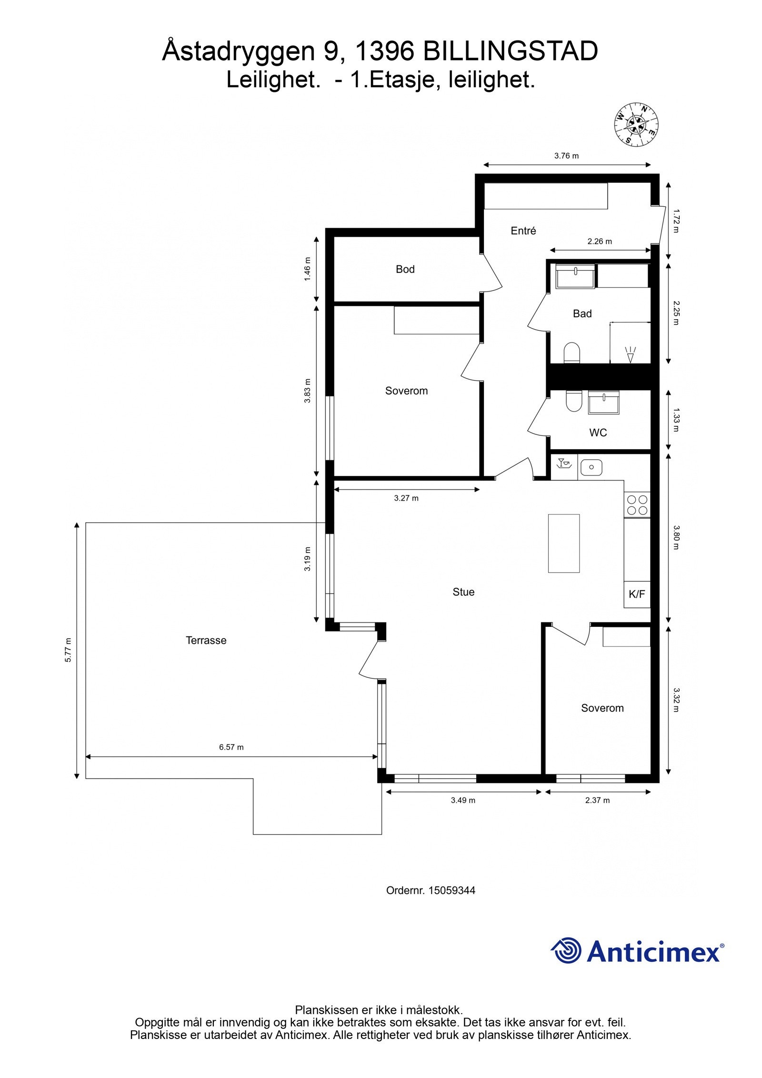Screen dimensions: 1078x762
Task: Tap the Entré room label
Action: click(x=523, y=231)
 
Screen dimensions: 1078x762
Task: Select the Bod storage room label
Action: click(x=405, y=270)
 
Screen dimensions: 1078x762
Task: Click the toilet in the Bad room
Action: click(x=571, y=353)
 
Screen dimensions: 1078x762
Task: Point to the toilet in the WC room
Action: click(x=573, y=401)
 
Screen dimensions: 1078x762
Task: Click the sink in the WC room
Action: click(x=603, y=403)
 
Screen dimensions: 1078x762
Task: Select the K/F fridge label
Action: click(x=637, y=594)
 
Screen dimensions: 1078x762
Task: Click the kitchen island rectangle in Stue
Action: click(x=563, y=543)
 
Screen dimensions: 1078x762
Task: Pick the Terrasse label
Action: click(x=206, y=641)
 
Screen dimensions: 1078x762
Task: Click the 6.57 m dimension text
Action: click(x=231, y=747)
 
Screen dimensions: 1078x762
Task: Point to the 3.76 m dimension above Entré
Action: click(x=566, y=156)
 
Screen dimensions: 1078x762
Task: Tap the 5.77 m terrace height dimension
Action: click(x=69, y=649)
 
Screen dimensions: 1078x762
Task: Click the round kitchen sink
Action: click(x=592, y=467)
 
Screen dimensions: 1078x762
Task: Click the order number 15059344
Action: click(x=451, y=890)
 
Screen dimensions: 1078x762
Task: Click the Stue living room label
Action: click(x=463, y=592)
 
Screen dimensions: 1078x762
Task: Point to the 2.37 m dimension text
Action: click(x=597, y=800)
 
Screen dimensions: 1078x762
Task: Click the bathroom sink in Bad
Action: click(x=575, y=276)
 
